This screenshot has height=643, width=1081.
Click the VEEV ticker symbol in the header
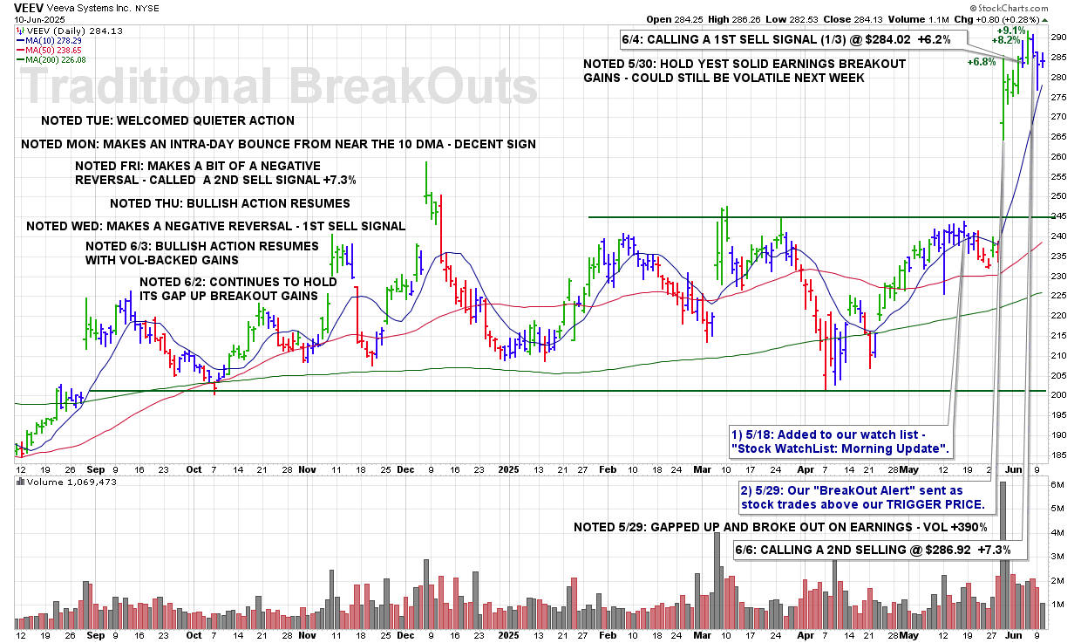point(30,6)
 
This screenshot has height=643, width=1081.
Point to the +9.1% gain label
point(1012,30)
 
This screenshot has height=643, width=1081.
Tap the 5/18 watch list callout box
point(838,441)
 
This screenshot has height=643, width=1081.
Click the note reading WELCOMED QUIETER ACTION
point(168,120)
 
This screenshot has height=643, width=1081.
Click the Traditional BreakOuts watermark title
point(279,88)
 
